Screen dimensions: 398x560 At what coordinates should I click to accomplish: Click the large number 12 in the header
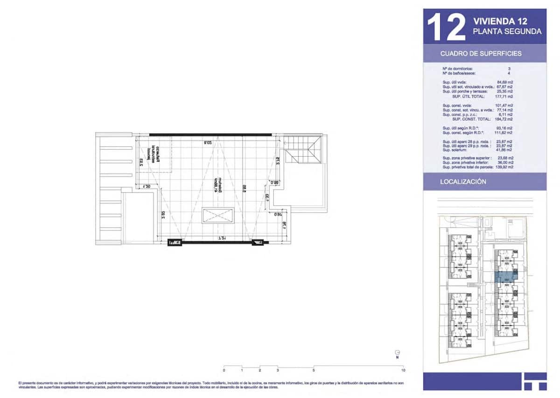[x=446, y=27]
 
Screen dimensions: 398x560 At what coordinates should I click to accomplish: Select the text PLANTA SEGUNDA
[x=507, y=32]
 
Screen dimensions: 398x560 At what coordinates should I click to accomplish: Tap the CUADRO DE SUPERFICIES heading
[x=481, y=54]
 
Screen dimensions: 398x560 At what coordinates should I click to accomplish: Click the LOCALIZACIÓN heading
[x=463, y=182]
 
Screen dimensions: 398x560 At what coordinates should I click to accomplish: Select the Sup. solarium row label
[x=455, y=149]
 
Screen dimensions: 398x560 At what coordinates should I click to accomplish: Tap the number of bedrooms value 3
[x=509, y=69]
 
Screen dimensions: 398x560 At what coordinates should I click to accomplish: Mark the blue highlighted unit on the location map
[x=505, y=277]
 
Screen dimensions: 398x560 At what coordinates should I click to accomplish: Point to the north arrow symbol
[x=397, y=353]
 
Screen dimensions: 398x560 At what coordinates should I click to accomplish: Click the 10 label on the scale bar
[x=403, y=370]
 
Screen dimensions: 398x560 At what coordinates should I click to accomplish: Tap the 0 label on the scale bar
[x=224, y=370]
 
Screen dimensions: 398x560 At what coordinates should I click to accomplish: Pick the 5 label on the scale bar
[x=314, y=370]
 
